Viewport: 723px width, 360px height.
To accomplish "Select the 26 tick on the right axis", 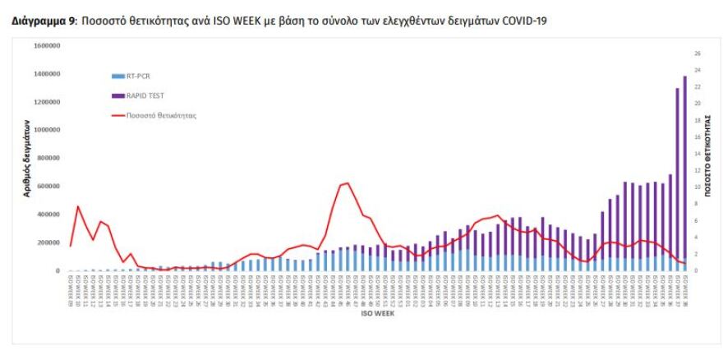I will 697,53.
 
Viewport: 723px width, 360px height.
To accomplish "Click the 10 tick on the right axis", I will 697,187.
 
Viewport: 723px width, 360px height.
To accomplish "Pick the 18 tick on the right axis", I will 697,121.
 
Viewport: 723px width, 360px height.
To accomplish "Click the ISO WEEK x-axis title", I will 380,311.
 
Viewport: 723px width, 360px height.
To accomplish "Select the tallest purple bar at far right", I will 685,173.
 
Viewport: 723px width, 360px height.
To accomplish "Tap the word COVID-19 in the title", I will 523,21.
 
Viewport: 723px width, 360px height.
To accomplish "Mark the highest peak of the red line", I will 348,182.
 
